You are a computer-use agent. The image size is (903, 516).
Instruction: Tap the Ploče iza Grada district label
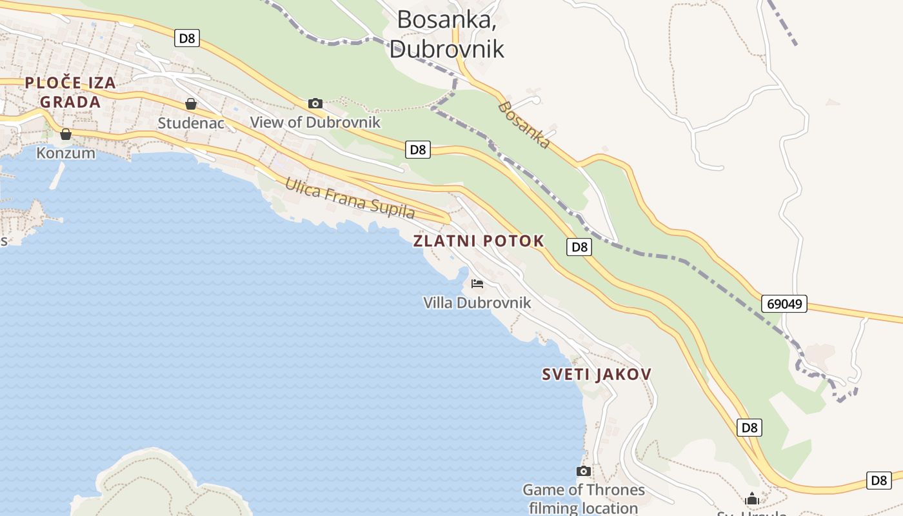pos(70,92)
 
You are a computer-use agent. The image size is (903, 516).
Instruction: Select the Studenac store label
pos(191,122)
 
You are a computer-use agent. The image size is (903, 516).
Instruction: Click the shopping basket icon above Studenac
pos(191,104)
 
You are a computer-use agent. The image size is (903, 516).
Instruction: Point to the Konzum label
pos(66,153)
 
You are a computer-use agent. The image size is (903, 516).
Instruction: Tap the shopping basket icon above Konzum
pos(65,134)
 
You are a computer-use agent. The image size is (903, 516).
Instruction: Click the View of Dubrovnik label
pos(315,122)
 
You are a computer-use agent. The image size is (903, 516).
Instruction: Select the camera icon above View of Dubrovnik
pos(315,103)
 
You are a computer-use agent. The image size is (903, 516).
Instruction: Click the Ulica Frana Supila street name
pos(350,198)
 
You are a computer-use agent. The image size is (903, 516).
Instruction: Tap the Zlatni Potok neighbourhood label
pos(479,241)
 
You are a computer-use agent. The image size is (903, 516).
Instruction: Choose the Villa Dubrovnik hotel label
pos(477,303)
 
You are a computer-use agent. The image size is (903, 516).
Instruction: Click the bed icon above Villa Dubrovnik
pos(477,284)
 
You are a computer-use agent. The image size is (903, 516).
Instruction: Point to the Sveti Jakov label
pos(596,374)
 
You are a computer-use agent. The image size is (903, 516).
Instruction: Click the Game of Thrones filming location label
pos(583,499)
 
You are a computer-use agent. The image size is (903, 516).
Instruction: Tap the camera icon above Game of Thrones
pos(583,471)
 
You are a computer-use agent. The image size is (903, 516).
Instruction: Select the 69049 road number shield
pos(784,303)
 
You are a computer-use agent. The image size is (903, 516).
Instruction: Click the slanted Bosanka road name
pos(524,125)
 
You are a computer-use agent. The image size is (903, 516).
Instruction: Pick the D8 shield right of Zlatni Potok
pos(579,246)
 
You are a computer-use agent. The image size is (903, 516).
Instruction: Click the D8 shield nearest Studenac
pos(186,38)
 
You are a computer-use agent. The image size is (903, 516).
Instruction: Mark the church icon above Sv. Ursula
pos(751,499)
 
